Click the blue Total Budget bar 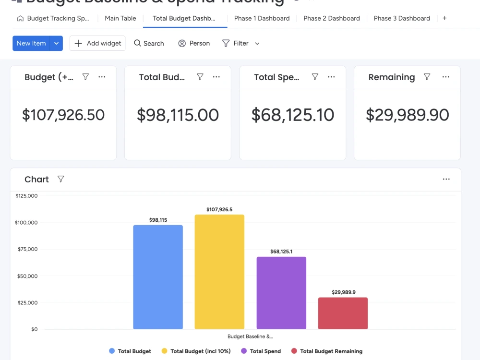(x=158, y=277)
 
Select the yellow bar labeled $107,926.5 (x=219, y=272)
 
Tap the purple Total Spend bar (x=281, y=293)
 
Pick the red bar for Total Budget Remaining (x=343, y=313)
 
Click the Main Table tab (x=120, y=18)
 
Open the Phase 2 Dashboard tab (x=331, y=18)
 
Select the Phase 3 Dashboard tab (x=402, y=18)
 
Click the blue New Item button (x=31, y=43)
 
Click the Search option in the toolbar (x=149, y=43)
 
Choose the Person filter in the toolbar (x=194, y=43)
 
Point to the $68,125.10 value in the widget (x=293, y=115)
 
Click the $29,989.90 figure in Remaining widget (x=408, y=115)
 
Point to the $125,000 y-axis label (x=26, y=196)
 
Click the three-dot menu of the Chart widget (x=446, y=179)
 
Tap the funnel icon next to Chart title (x=61, y=179)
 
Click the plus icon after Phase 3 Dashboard (x=444, y=18)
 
